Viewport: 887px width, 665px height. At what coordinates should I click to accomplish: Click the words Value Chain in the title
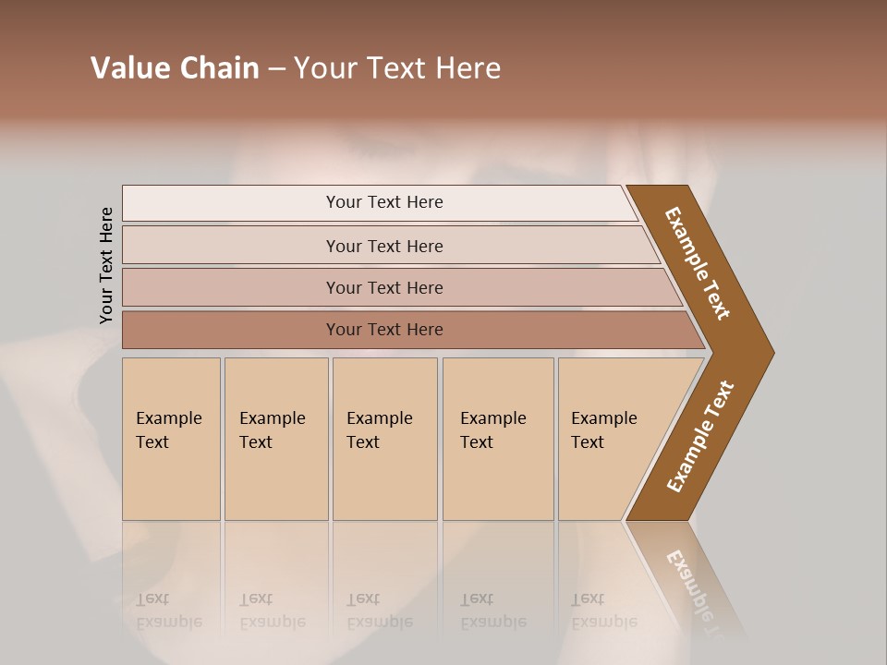click(175, 68)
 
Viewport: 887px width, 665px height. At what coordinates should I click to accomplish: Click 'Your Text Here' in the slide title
click(397, 68)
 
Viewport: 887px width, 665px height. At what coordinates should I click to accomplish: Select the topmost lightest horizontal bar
click(231, 203)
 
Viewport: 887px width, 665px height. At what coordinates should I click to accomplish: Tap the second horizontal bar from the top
click(231, 246)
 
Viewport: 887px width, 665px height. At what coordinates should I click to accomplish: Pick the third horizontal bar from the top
click(231, 288)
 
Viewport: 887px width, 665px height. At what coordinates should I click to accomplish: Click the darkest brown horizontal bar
click(231, 330)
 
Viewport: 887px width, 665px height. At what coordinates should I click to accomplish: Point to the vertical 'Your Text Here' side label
click(106, 265)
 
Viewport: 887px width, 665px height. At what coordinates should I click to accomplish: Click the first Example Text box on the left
click(171, 439)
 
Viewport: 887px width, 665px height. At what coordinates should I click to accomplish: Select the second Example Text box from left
click(275, 439)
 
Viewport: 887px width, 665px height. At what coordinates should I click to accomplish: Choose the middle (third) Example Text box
click(384, 439)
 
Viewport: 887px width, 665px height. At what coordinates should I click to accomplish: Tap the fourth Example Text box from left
click(497, 439)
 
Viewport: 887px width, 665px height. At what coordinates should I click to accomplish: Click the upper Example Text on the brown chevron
click(699, 263)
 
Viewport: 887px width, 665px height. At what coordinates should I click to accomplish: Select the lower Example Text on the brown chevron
click(700, 437)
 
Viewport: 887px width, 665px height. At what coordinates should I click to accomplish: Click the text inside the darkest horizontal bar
click(384, 330)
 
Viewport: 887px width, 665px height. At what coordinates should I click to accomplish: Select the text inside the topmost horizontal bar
click(384, 202)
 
